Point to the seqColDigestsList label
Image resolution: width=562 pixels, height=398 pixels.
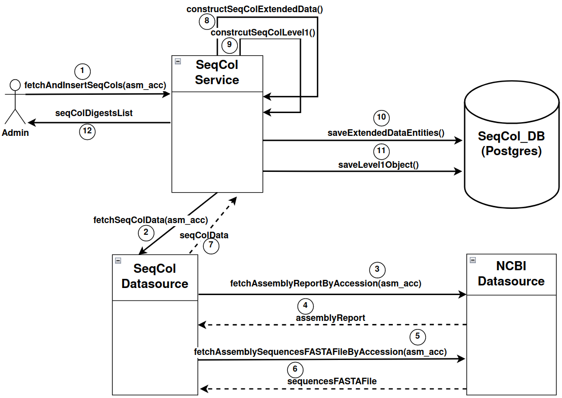click(94, 113)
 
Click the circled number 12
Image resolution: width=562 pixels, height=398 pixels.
click(87, 131)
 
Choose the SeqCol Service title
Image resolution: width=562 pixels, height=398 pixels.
click(217, 73)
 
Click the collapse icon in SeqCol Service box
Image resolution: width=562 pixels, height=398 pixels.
click(178, 61)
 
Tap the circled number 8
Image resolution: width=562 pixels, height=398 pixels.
click(207, 21)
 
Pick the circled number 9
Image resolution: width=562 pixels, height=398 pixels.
click(230, 45)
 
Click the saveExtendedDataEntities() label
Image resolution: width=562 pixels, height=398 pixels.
click(386, 133)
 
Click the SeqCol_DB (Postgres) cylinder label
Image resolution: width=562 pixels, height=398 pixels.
click(511, 144)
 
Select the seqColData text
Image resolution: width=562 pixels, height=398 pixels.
click(204, 235)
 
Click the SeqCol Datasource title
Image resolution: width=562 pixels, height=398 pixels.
click(155, 276)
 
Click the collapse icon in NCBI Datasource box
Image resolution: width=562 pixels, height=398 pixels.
click(473, 260)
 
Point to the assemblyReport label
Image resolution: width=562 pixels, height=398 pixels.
click(330, 317)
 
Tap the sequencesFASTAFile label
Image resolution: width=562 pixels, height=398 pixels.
click(332, 381)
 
